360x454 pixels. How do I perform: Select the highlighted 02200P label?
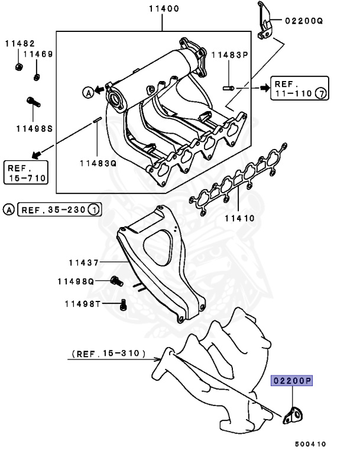pyautogui.click(x=291, y=381)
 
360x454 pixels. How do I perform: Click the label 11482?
pyautogui.click(x=20, y=43)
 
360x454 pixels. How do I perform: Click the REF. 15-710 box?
pyautogui.click(x=25, y=171)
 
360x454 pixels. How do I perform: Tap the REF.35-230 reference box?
pyautogui.click(x=60, y=209)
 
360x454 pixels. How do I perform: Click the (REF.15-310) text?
pyautogui.click(x=109, y=354)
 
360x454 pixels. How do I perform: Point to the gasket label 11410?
pyautogui.click(x=239, y=218)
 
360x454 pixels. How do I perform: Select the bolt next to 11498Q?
pyautogui.click(x=116, y=281)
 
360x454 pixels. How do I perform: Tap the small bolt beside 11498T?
pyautogui.click(x=123, y=305)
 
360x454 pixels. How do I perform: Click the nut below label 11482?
pyautogui.click(x=18, y=65)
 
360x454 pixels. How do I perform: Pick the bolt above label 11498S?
pyautogui.click(x=33, y=102)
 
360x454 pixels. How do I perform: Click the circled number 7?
pyautogui.click(x=320, y=93)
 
